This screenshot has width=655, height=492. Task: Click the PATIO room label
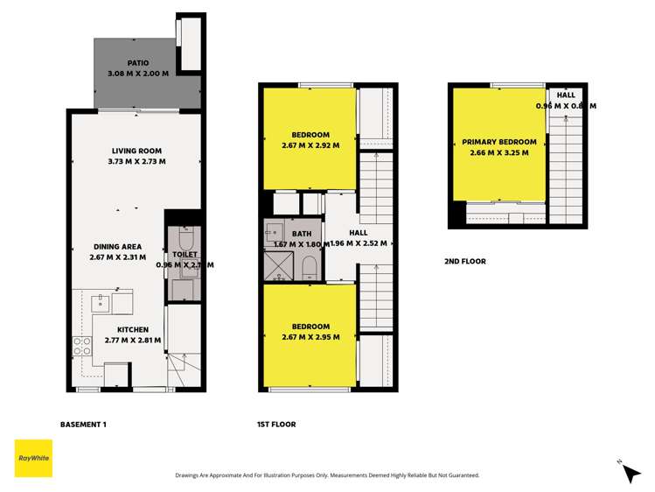coord(137,63)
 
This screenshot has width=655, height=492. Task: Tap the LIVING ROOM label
coord(132,150)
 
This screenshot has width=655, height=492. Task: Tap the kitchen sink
coord(101,303)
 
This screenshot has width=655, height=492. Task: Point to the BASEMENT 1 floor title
coord(83,425)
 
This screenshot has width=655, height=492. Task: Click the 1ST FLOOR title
coord(276,425)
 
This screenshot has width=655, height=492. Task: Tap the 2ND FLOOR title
coord(465,261)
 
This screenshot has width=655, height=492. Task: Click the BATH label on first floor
coord(302,234)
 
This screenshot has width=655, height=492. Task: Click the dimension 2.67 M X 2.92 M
coord(310,145)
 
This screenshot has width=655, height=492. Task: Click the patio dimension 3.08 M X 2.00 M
coord(137,74)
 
